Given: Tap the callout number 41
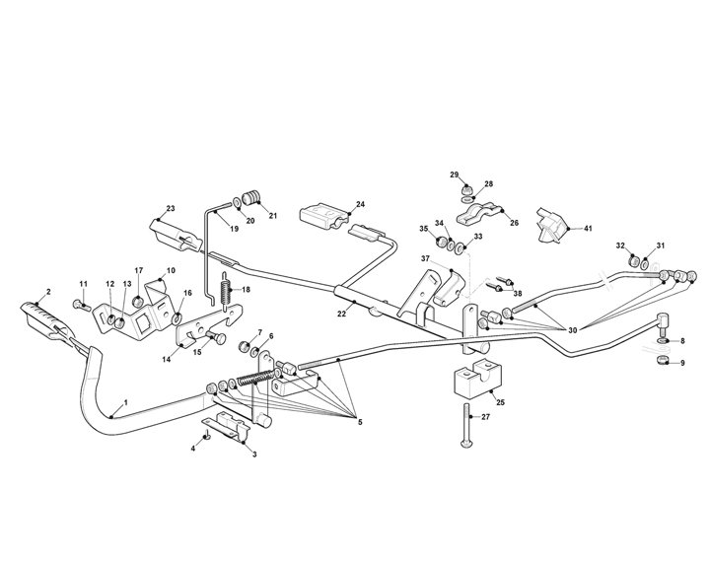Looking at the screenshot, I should click(x=588, y=229).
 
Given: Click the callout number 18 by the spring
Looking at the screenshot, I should click(x=246, y=290).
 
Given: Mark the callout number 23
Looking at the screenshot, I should click(x=171, y=208).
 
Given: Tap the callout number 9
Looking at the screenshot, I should click(x=680, y=363).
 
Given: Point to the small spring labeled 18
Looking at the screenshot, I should click(x=225, y=291).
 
